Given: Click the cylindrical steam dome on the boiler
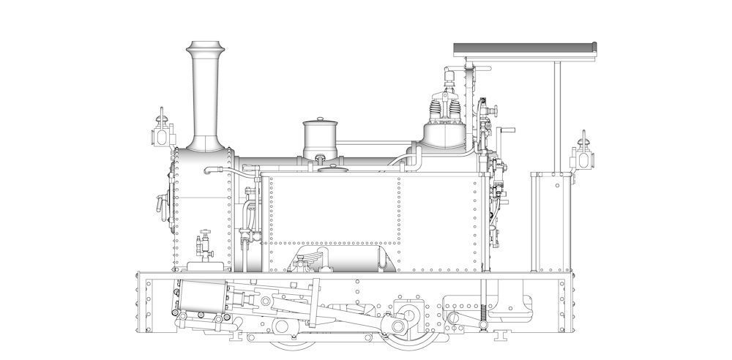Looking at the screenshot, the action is (x=319, y=140).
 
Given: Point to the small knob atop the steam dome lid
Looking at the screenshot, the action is (x=319, y=119).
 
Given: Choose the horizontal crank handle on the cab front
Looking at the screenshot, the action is (x=501, y=132).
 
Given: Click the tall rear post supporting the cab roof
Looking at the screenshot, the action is (x=557, y=117).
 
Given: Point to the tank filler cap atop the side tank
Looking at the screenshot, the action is (x=331, y=170).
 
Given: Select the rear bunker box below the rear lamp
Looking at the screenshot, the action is (x=549, y=220).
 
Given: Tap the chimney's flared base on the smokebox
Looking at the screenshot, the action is (x=204, y=142).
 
